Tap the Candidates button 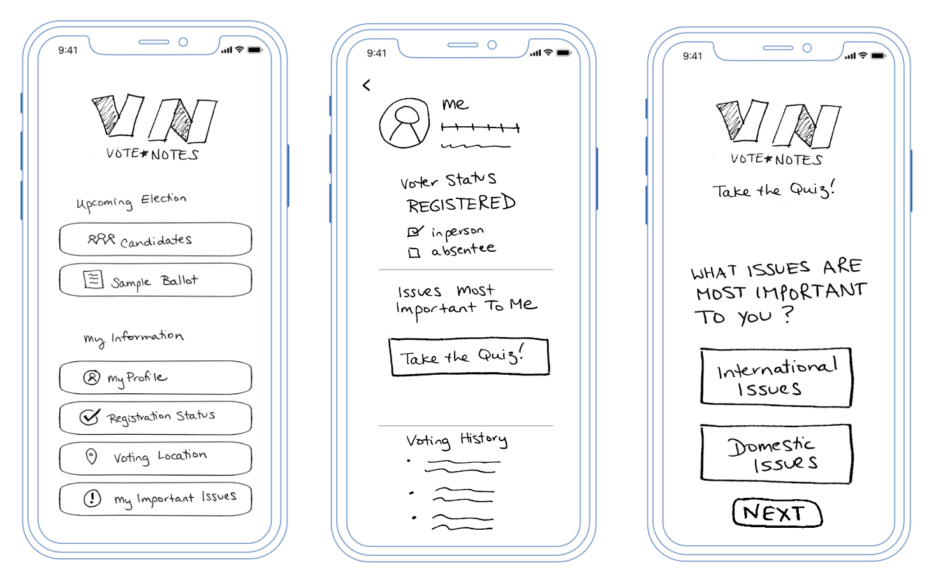point(155,240)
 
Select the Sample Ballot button point(155,280)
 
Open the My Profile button point(155,377)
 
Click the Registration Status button point(155,418)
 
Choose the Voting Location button point(155,458)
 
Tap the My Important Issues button point(155,499)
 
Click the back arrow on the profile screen point(367,85)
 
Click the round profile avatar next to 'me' point(404,123)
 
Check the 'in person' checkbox point(414,232)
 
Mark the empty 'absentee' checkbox point(414,253)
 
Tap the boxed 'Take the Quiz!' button point(469,356)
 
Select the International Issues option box point(776,377)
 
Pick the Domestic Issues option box point(776,454)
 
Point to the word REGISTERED point(461,204)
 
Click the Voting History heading point(457,440)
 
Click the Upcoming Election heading point(131,201)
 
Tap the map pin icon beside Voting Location point(92,456)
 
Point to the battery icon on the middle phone point(564,53)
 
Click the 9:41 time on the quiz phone point(692,56)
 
